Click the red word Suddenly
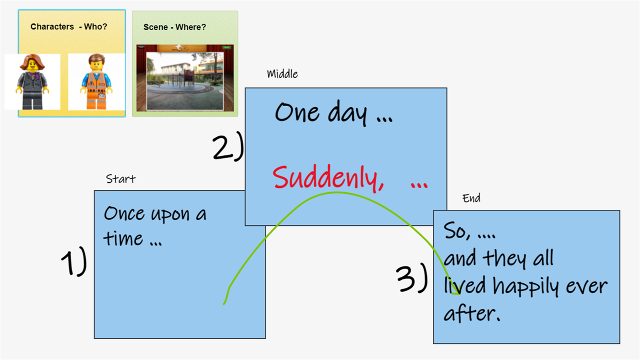click(328, 177)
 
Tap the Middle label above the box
click(282, 74)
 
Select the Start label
click(120, 179)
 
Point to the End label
click(471, 198)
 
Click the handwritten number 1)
click(74, 261)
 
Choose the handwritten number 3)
click(412, 278)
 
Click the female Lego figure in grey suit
click(32, 81)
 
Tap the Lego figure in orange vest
click(96, 81)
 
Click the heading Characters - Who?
click(69, 26)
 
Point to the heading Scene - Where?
click(174, 27)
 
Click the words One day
click(321, 113)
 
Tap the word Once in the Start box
click(124, 213)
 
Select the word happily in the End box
click(525, 286)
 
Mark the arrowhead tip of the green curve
click(459, 294)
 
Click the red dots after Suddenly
click(419, 185)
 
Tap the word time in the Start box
click(123, 238)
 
